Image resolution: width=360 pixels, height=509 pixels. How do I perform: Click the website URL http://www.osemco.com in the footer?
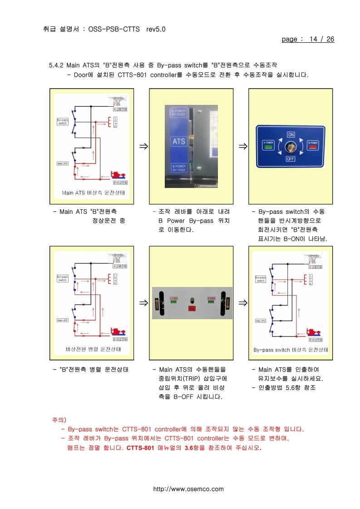coord(188,489)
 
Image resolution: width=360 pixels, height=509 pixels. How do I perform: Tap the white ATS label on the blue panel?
coord(179,142)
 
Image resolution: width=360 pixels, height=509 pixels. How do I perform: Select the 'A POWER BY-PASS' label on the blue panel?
coord(178,113)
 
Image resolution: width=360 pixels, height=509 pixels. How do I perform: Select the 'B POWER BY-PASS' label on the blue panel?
coord(178,168)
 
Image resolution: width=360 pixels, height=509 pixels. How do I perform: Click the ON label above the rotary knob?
coord(291,135)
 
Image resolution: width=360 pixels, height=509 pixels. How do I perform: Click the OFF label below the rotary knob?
coord(291,159)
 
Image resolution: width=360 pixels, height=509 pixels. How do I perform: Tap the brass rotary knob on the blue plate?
coord(291,147)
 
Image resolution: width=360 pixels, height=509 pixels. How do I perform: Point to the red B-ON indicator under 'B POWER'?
coord(313,147)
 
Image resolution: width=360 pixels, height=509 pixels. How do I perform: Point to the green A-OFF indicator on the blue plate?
coord(268,147)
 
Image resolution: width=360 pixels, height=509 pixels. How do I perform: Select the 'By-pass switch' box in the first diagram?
coord(62,121)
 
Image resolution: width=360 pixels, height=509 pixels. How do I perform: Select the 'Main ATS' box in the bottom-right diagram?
coord(260,321)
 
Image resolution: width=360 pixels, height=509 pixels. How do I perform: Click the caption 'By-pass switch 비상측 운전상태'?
coord(291,350)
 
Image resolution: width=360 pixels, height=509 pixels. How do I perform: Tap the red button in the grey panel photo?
coord(191,308)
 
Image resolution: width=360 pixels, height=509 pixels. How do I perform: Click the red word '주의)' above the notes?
coord(59,420)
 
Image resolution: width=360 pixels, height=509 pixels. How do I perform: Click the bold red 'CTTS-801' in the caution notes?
coord(141,448)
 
